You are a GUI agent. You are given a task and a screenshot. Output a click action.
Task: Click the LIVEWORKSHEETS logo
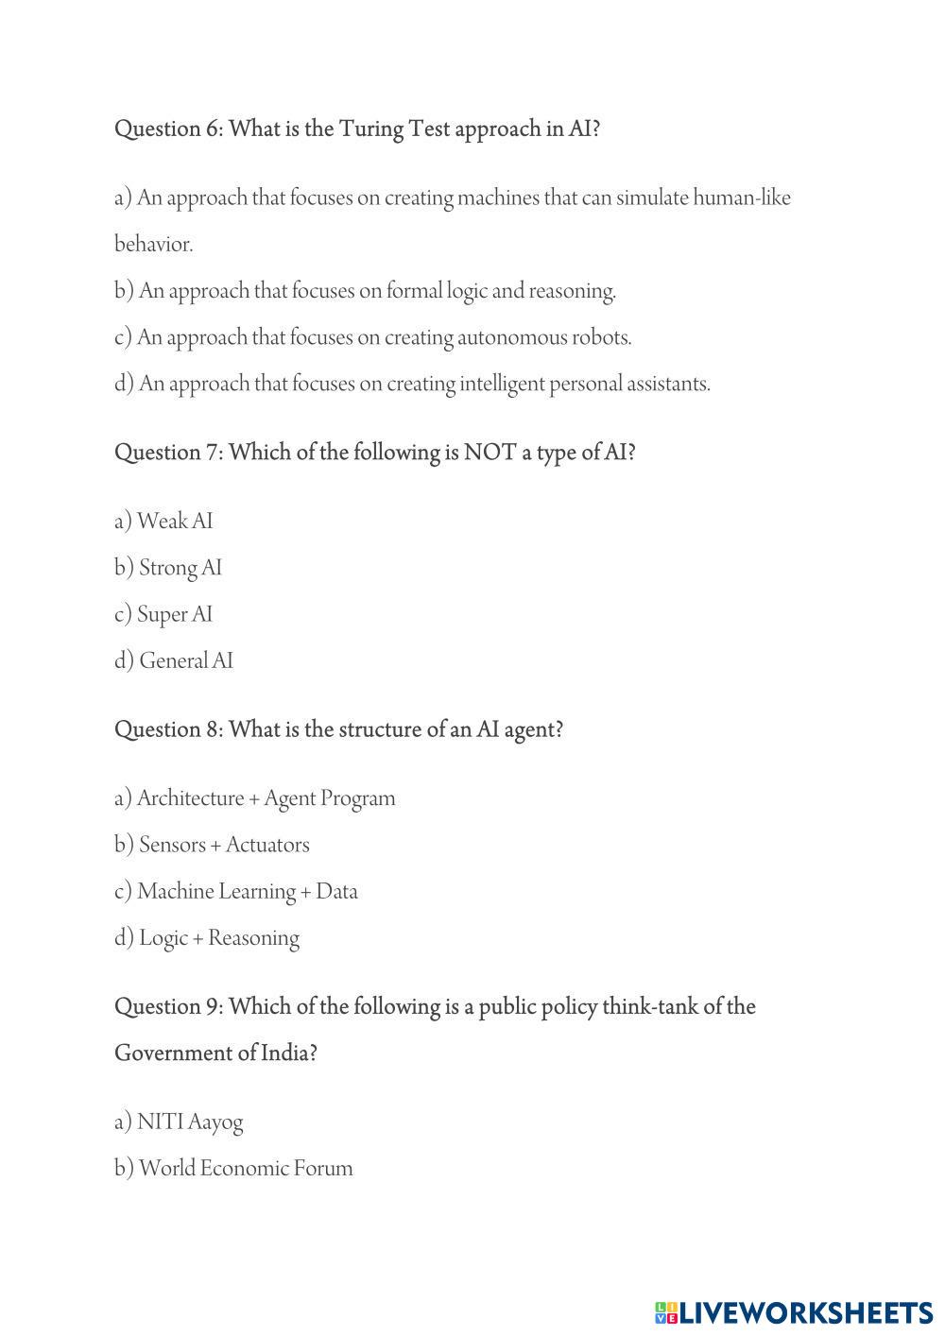click(794, 1312)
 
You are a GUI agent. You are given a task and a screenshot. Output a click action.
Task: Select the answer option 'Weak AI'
click(163, 522)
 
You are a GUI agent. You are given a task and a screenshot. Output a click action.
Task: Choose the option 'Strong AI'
click(168, 568)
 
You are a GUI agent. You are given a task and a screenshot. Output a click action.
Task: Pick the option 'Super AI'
click(163, 614)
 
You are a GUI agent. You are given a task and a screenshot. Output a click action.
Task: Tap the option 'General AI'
click(174, 660)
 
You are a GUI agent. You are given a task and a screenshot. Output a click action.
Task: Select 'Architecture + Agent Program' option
click(255, 798)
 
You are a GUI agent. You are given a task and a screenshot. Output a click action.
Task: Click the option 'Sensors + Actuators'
click(212, 845)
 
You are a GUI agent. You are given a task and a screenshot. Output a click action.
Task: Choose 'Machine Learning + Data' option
click(236, 891)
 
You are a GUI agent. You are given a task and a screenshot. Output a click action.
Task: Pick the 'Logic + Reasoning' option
click(207, 938)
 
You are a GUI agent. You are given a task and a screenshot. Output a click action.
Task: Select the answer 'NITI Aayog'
click(179, 1122)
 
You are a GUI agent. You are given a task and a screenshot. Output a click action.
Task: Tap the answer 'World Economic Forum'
click(233, 1169)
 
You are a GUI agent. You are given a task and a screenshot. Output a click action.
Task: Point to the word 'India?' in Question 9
click(286, 1053)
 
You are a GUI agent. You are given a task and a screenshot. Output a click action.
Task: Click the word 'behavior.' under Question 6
click(153, 245)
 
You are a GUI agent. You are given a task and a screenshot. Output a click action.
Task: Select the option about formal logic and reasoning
click(365, 291)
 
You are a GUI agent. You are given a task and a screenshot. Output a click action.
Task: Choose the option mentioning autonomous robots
click(373, 337)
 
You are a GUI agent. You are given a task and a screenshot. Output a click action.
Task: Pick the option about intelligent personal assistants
click(412, 384)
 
